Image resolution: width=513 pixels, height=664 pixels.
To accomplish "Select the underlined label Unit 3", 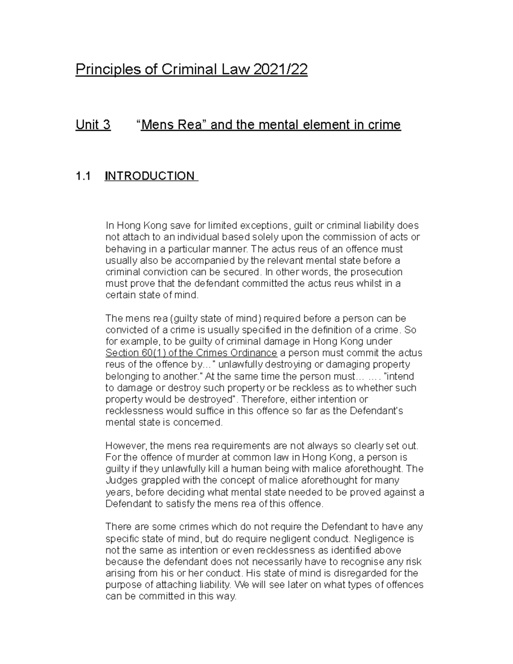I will click(x=93, y=125).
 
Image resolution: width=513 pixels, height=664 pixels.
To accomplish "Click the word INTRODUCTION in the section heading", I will click(x=150, y=176).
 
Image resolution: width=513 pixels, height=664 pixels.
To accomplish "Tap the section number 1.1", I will click(x=83, y=176).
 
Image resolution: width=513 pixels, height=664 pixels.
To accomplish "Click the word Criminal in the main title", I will click(x=187, y=70).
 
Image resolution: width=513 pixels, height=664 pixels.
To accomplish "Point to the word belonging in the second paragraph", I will click(x=127, y=377).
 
